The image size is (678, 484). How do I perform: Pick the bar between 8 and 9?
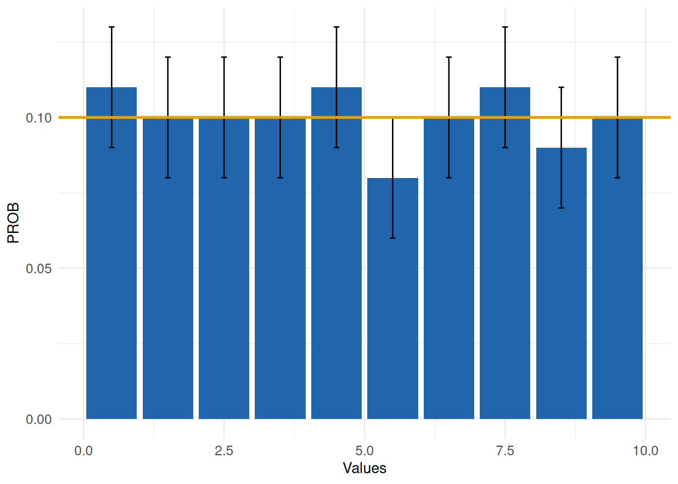tap(561, 292)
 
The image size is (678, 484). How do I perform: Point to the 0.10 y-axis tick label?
tap(39, 118)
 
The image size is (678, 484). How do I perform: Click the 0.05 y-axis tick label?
tap(39, 268)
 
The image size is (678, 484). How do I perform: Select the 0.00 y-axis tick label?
tap(39, 419)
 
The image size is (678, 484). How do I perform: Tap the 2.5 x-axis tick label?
tap(224, 451)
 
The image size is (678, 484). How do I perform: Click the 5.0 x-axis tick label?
tap(364, 451)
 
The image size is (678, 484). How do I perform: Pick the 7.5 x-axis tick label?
tap(505, 451)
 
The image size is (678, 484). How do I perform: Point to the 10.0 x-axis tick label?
tap(645, 451)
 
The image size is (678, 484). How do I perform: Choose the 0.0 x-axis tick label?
tap(83, 451)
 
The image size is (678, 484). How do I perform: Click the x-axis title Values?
tap(364, 468)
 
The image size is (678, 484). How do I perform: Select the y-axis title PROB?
tap(13, 223)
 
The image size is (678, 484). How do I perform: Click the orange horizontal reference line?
tap(656, 117)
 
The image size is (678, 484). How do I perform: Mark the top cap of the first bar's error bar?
tap(111, 27)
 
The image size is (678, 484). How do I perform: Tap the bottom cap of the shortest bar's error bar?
tap(392, 238)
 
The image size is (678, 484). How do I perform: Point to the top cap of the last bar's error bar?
tap(617, 57)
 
